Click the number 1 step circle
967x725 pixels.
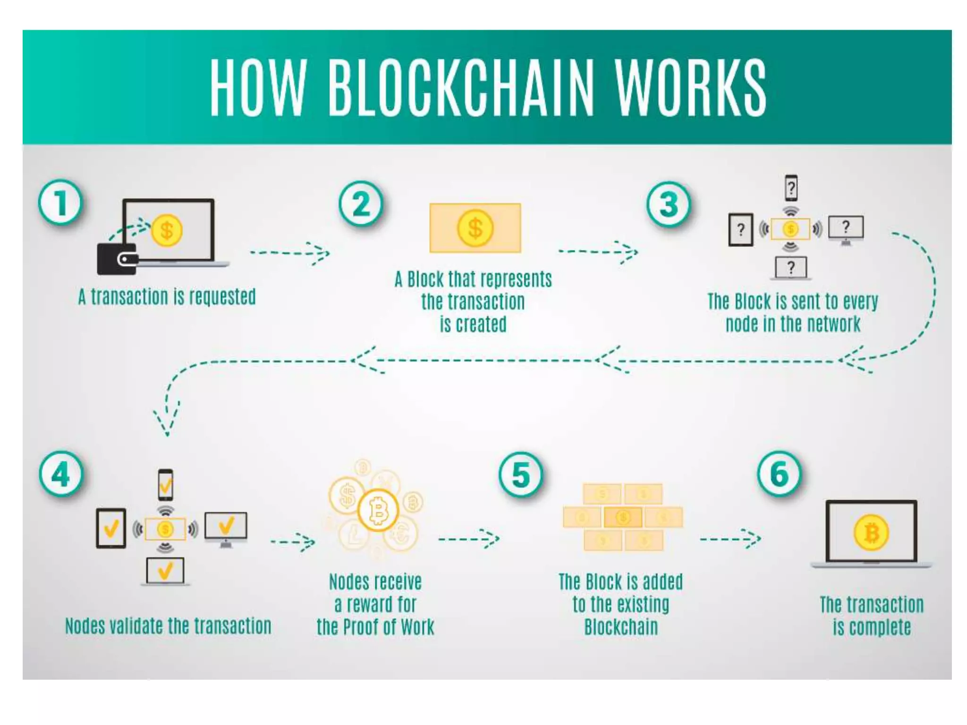(x=60, y=202)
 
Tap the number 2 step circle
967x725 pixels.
(x=361, y=204)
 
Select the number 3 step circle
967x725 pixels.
(x=669, y=204)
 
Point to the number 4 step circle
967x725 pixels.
(x=61, y=474)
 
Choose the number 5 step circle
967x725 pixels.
(x=521, y=474)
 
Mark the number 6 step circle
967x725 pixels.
(x=780, y=473)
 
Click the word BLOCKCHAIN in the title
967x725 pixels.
(x=460, y=88)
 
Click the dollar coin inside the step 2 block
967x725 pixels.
(x=475, y=228)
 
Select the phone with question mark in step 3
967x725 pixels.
(x=791, y=188)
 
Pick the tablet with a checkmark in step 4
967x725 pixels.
(x=111, y=528)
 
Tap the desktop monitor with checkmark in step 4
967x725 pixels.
(x=226, y=526)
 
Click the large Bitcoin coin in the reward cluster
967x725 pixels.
(x=378, y=510)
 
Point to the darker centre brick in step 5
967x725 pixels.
(x=623, y=517)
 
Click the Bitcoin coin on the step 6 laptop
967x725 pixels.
(x=871, y=533)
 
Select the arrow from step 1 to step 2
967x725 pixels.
(x=290, y=253)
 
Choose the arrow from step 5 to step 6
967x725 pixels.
(x=730, y=539)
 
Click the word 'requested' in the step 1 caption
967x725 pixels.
(x=222, y=297)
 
